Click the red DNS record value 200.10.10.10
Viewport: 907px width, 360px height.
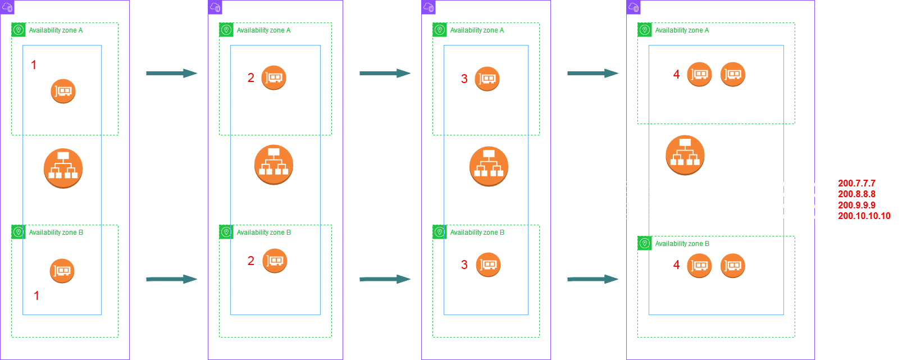864,216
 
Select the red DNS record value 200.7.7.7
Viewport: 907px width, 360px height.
856,183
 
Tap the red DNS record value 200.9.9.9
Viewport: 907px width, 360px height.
856,205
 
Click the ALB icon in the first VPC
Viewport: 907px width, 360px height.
63,168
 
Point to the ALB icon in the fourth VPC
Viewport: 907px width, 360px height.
685,154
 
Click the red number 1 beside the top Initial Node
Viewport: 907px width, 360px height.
34,65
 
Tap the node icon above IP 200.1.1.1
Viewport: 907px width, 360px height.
63,91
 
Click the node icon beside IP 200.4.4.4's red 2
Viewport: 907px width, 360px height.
275,261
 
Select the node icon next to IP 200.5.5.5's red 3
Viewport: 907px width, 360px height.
487,79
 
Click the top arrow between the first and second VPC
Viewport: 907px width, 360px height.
171,73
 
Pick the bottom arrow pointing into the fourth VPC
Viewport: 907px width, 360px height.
592,279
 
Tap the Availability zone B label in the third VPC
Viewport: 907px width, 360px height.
477,232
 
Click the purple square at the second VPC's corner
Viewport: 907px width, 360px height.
215,7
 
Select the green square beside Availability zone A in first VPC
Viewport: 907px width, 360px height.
19,30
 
